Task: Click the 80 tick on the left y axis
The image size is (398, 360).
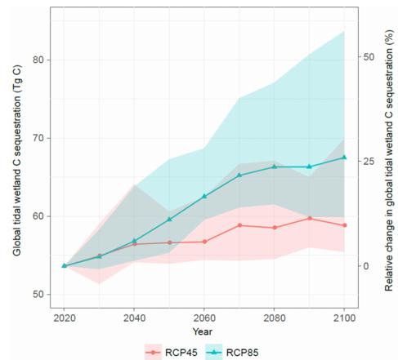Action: click(x=40, y=60)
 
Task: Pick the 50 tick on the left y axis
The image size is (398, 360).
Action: click(x=40, y=294)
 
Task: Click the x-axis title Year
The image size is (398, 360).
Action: click(x=203, y=331)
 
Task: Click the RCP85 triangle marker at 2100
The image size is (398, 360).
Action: click(x=344, y=157)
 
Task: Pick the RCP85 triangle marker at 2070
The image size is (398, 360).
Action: click(x=239, y=175)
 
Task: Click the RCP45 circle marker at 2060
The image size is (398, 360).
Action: click(x=204, y=242)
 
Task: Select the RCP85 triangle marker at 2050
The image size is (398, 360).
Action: click(x=169, y=219)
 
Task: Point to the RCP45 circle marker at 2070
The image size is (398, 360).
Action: click(x=239, y=225)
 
